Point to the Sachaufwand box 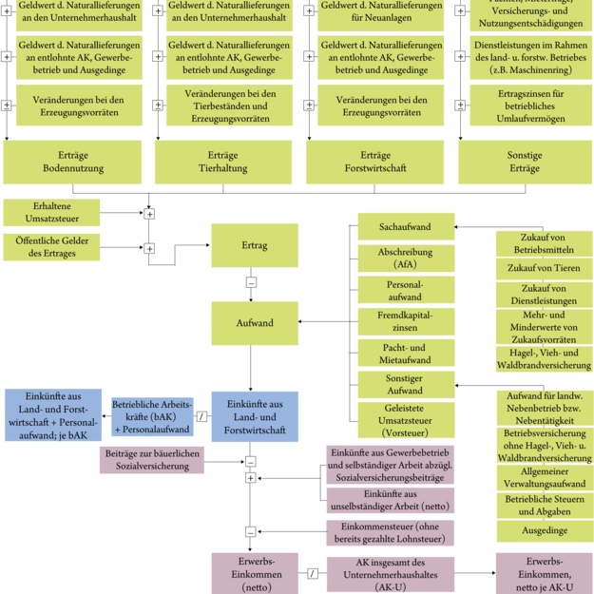pos(405,227)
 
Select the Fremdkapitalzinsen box pos(405,321)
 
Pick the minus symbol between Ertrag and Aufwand pos(251,282)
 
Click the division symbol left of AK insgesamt pos(311,574)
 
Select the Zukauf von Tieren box pos(545,270)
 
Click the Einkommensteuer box pos(390,532)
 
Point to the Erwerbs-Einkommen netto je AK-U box pos(545,574)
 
